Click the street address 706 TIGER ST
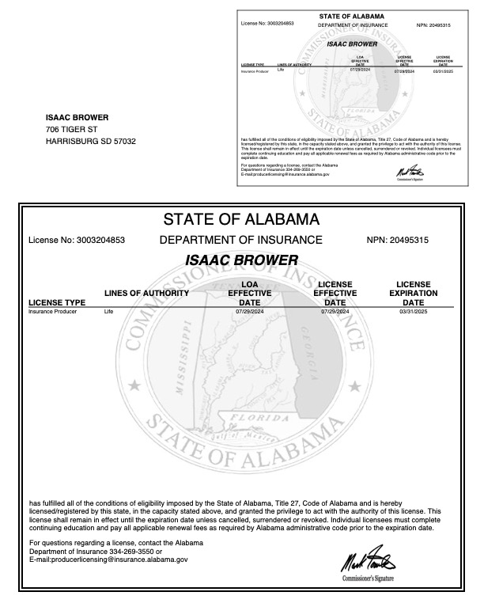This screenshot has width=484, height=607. tap(71, 129)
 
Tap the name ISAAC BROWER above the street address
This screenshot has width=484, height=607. tap(77, 118)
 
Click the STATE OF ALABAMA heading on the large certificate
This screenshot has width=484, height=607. tap(240, 218)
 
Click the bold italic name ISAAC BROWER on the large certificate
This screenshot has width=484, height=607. tap(241, 260)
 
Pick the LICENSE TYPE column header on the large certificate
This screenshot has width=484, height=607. tap(57, 302)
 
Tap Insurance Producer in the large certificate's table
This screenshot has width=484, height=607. tap(50, 313)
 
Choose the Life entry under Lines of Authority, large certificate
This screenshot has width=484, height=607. tap(108, 313)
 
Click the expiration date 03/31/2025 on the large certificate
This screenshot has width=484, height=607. tap(413, 313)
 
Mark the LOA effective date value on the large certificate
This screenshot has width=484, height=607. tap(248, 313)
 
